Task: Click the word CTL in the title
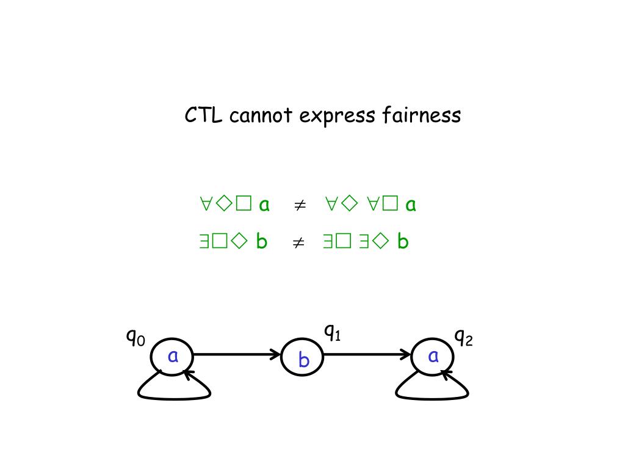(x=204, y=115)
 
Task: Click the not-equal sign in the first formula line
(x=299, y=205)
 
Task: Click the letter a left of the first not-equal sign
(x=264, y=205)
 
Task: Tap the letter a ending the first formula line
(x=411, y=205)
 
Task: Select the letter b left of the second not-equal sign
(x=262, y=242)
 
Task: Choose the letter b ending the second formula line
(x=402, y=242)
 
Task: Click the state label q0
(x=135, y=336)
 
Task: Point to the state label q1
(x=332, y=333)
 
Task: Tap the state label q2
(x=463, y=336)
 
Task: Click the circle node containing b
(x=302, y=358)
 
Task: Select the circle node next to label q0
(x=172, y=355)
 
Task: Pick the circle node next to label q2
(x=432, y=355)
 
